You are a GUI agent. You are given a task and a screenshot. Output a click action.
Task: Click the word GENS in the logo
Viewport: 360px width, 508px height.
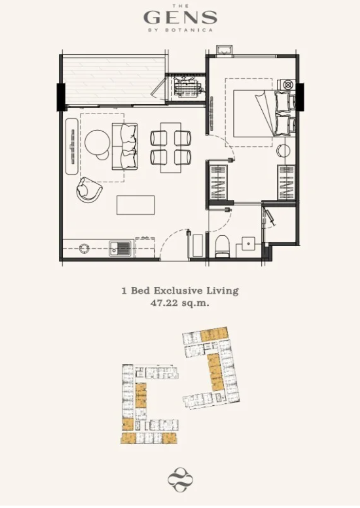[180, 17]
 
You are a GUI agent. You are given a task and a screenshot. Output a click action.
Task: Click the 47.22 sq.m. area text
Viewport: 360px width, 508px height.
[180, 303]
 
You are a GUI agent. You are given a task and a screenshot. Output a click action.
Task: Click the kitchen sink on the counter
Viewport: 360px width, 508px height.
[120, 248]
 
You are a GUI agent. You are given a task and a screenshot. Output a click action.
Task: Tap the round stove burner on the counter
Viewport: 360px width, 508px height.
[84, 248]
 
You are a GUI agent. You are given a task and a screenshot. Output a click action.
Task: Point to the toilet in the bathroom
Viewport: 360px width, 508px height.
[222, 246]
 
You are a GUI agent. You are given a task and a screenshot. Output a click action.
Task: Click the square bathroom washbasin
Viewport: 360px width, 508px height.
[248, 243]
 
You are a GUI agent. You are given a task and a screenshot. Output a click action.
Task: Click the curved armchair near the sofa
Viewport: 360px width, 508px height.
[88, 191]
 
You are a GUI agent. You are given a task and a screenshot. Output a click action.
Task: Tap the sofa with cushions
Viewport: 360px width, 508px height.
[125, 146]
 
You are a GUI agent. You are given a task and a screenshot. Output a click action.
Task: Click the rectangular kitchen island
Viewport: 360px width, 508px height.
[136, 205]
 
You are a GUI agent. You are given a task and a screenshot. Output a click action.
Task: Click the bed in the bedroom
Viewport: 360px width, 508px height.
[264, 113]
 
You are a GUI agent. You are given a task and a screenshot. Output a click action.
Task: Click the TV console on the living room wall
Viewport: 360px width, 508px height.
[72, 146]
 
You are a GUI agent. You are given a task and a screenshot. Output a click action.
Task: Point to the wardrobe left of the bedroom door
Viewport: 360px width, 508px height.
[218, 182]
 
